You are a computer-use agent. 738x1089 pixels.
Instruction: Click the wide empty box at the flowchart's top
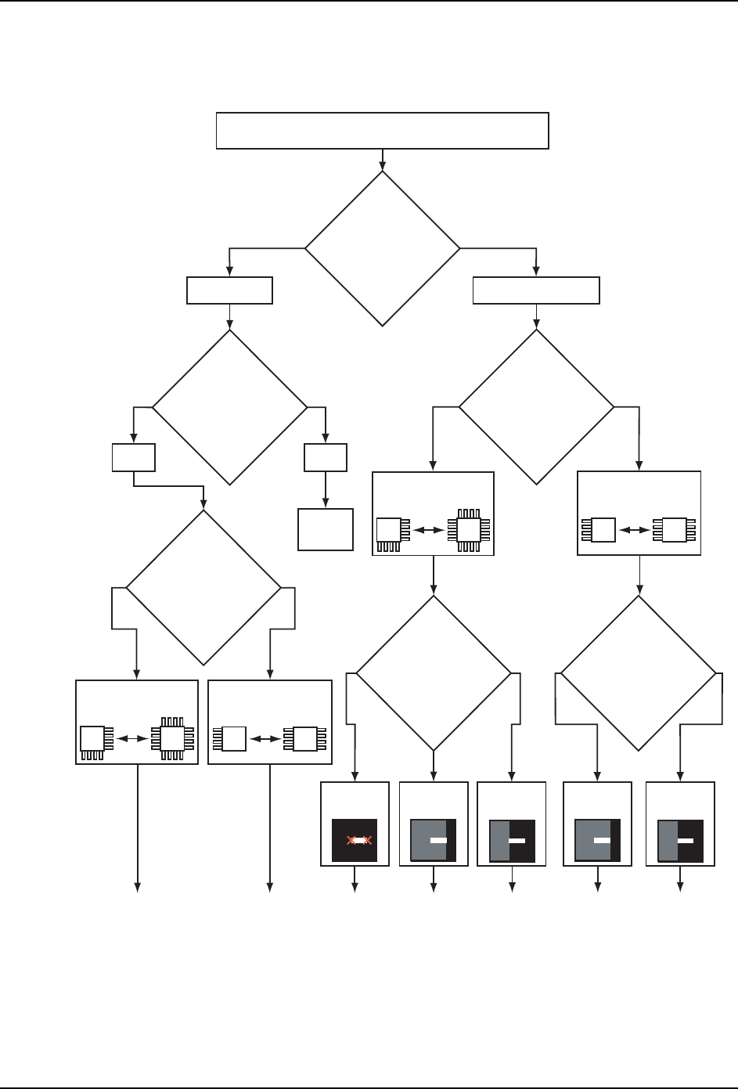(x=382, y=131)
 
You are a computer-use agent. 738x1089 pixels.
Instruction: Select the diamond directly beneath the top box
(x=382, y=248)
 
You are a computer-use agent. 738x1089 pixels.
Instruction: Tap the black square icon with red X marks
(x=355, y=840)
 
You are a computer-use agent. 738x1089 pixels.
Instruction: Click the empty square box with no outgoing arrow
(x=326, y=529)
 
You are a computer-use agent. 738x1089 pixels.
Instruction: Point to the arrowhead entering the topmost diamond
(x=382, y=165)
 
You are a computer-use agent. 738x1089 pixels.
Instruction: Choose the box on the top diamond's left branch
(x=229, y=290)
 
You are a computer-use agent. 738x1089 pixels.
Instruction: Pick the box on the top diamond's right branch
(x=536, y=290)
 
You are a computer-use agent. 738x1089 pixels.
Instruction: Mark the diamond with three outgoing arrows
(x=434, y=673)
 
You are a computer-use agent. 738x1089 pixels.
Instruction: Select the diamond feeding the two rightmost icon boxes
(x=639, y=673)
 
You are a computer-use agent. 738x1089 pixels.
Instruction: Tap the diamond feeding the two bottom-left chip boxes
(x=203, y=587)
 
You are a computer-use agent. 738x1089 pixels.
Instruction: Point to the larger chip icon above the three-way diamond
(x=469, y=530)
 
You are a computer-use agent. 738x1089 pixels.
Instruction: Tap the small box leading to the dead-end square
(x=326, y=457)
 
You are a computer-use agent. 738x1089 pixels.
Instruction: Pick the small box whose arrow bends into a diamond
(x=133, y=457)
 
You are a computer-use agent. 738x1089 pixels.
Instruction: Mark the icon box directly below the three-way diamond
(x=433, y=824)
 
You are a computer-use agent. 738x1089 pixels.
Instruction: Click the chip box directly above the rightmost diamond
(x=639, y=514)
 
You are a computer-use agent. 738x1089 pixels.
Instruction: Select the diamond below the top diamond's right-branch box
(x=536, y=407)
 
